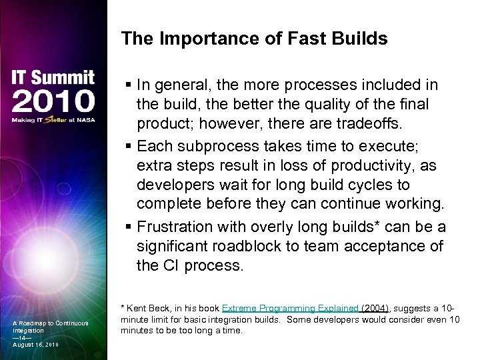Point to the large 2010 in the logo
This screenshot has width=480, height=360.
[x=53, y=101]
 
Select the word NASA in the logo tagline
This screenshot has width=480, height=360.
[x=87, y=120]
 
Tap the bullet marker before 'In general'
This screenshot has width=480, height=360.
[x=128, y=86]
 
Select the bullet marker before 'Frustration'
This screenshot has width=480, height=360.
[x=128, y=228]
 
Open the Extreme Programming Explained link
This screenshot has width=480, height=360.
[x=291, y=309]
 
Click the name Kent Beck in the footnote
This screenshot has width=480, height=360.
[x=144, y=309]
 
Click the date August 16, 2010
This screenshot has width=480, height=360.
[x=34, y=345]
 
